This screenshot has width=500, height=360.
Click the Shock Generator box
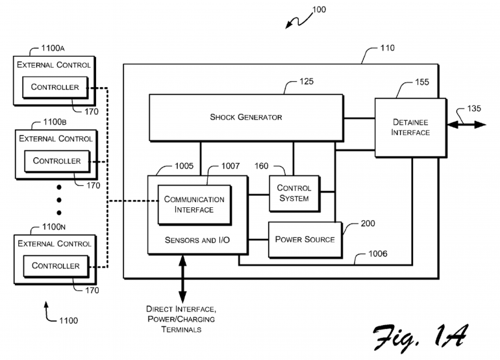point(246,118)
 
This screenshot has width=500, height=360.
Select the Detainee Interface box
point(410,127)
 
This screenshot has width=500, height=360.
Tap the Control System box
point(294,194)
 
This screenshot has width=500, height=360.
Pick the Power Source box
point(305,239)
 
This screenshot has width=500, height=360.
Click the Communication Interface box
point(194,204)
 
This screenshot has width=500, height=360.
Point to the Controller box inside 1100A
point(55,87)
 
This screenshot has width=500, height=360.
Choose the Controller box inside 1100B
point(57,161)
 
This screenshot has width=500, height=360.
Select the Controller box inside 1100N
point(56,265)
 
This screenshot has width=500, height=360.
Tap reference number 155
point(422,83)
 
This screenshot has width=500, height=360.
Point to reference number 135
point(474,109)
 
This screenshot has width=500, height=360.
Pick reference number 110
point(387,48)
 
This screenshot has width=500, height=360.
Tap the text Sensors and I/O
point(197,240)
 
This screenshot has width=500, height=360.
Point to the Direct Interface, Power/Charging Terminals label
point(181,319)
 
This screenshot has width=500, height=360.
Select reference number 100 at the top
point(319,10)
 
